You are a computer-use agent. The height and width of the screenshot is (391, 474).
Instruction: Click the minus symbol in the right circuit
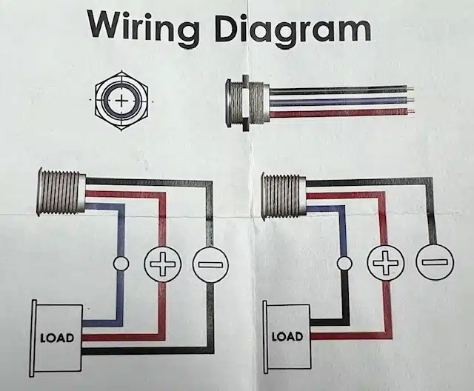pyautogui.click(x=434, y=261)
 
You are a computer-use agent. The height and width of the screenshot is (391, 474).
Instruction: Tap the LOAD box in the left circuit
pyautogui.click(x=57, y=338)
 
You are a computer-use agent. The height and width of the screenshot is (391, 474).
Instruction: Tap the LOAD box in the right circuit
pyautogui.click(x=287, y=336)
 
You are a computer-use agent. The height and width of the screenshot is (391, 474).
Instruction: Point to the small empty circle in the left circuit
pyautogui.click(x=121, y=263)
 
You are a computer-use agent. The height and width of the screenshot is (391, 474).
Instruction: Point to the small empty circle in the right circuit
pyautogui.click(x=344, y=262)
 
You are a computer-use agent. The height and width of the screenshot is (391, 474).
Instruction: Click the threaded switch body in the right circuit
pyautogui.click(x=284, y=196)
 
